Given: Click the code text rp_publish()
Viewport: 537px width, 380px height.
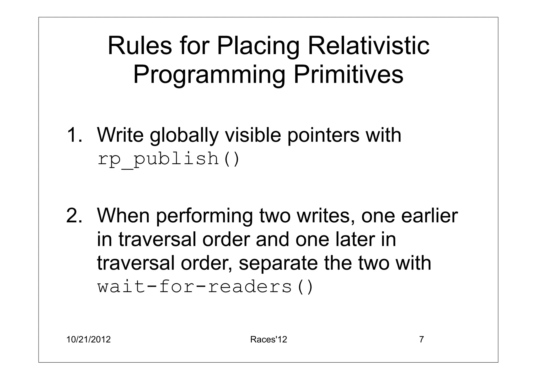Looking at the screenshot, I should tap(169, 159).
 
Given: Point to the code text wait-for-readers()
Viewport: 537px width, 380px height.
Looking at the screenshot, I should tap(205, 287).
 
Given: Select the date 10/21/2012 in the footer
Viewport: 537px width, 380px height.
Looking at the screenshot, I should tap(89, 340).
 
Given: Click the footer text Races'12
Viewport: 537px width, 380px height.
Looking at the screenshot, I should tap(268, 340).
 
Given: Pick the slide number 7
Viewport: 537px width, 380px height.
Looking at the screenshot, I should tap(422, 340).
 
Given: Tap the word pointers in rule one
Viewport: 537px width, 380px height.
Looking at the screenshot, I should tap(323, 136).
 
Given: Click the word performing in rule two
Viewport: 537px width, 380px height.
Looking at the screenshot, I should tap(205, 216).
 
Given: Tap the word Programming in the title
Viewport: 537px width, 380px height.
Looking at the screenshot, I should tap(209, 75).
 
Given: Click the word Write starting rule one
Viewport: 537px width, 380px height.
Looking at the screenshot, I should tap(120, 135).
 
